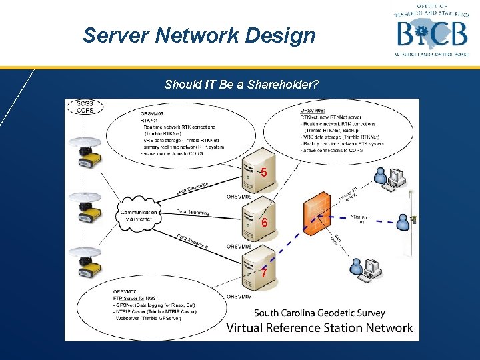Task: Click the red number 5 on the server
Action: (264, 173)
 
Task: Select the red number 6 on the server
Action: (264, 223)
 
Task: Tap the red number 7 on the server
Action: (264, 273)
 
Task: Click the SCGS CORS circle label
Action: (85, 107)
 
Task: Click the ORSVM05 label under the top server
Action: (239, 197)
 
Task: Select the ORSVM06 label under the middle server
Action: (239, 246)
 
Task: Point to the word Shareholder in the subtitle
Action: (283, 85)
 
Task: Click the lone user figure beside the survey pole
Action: (403, 221)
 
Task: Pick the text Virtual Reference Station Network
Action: (319, 327)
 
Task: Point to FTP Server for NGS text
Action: (136, 298)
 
